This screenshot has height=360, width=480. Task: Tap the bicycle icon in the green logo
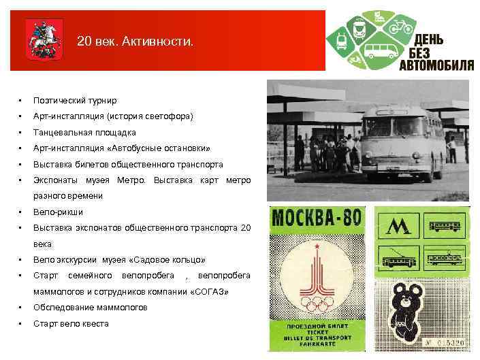pos(400,27)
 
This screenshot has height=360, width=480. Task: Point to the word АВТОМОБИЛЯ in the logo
pos(436,65)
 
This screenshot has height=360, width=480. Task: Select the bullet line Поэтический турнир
pos(75,100)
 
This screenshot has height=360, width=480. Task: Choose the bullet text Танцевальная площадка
pos(84,132)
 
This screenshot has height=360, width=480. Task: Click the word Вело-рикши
pos(58,212)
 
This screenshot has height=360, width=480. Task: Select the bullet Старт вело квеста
pos(71,323)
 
